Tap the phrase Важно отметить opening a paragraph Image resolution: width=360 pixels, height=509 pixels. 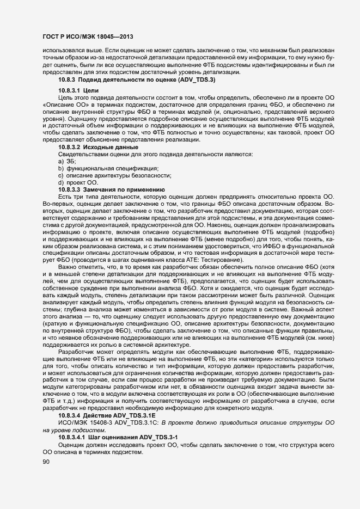tap(82, 267)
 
